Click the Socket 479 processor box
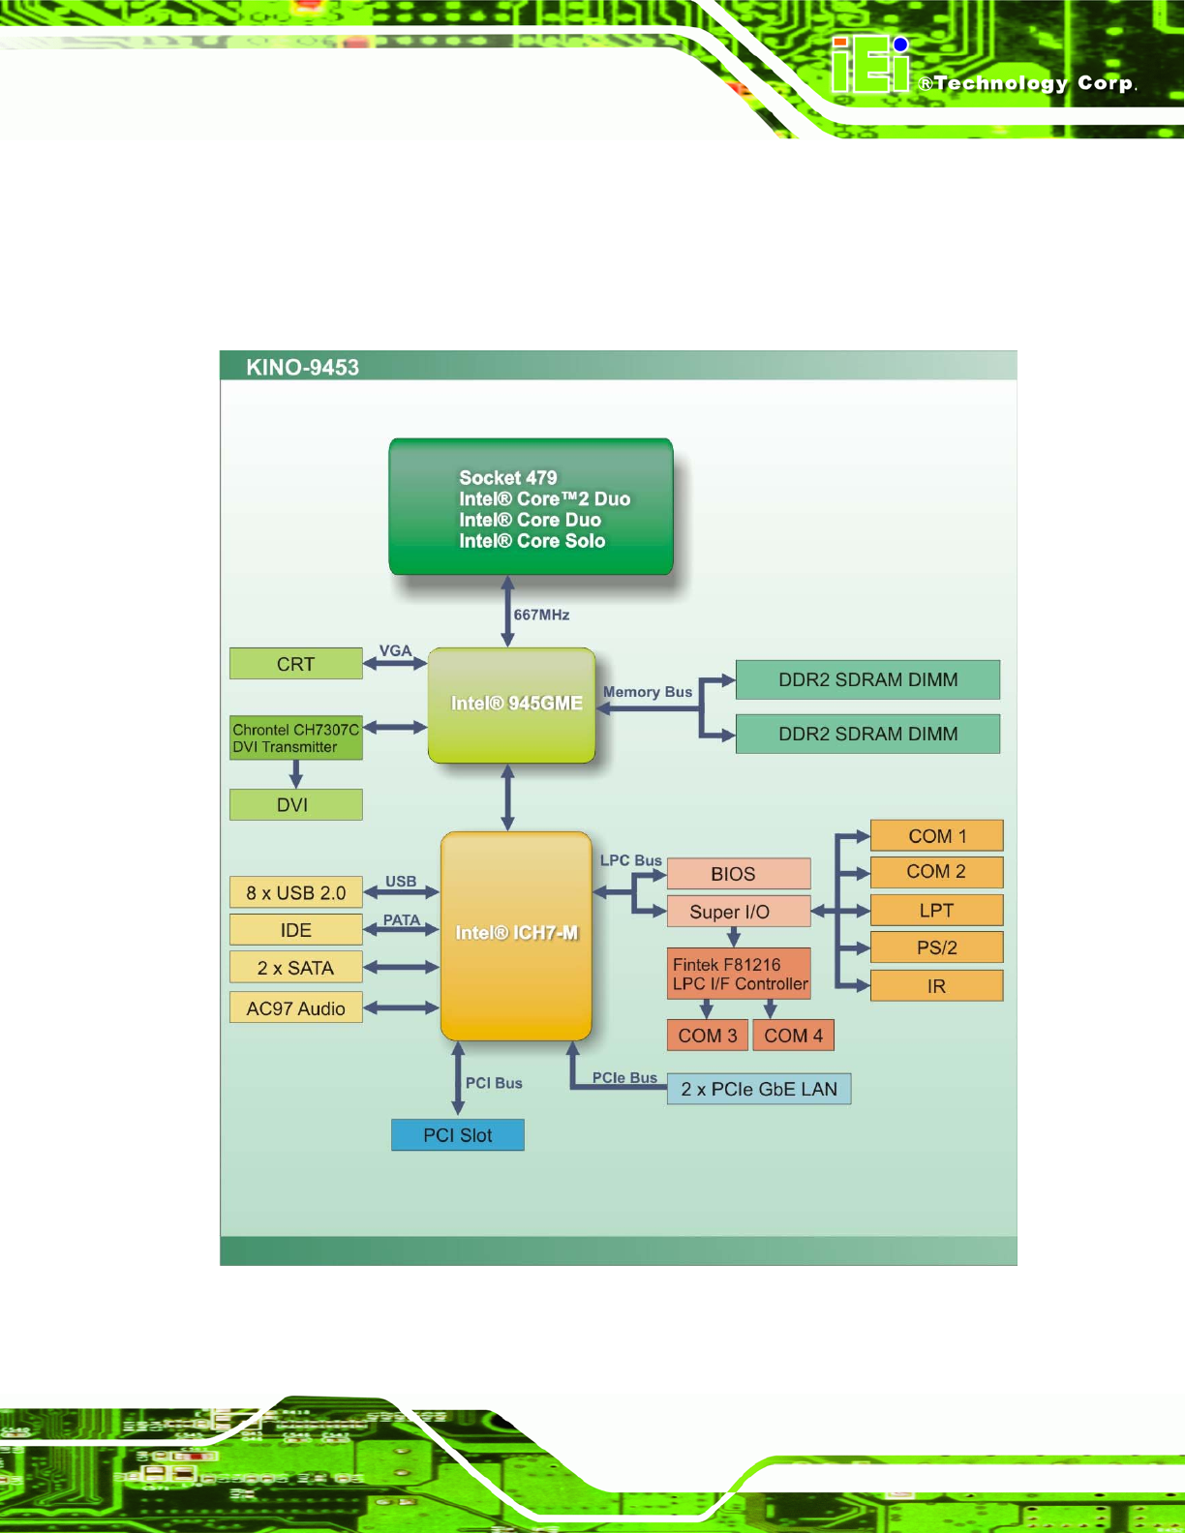pos(531,507)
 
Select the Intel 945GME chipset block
pos(512,705)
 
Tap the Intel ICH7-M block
pos(516,935)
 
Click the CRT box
pos(295,664)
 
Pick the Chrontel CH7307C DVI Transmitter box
pos(295,738)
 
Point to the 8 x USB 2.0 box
pos(295,892)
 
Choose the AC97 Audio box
pos(295,1008)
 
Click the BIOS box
pos(738,874)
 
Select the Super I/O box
pos(738,912)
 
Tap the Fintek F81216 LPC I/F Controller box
pos(739,975)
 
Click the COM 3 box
pos(707,1036)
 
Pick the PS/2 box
pos(936,947)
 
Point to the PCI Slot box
pos(457,1135)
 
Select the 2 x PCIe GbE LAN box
pos(759,1090)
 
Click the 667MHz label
pos(541,616)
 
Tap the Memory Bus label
pos(648,692)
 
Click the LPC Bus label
pos(631,860)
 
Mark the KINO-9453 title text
pos(302,368)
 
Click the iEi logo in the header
pos(870,66)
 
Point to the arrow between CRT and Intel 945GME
pos(395,664)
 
